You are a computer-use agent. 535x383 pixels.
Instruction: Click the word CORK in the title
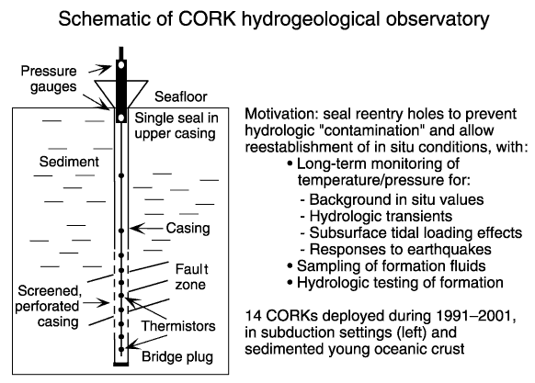tap(207, 19)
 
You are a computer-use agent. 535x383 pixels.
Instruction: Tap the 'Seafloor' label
tap(181, 96)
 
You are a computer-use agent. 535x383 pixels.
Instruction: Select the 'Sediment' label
tap(69, 162)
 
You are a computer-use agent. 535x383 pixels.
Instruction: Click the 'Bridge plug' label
tap(177, 357)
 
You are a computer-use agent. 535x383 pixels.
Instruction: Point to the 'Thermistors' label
tap(178, 326)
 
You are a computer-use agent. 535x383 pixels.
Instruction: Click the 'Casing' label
tap(188, 229)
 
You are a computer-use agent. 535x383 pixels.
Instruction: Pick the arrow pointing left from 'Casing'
tap(147, 228)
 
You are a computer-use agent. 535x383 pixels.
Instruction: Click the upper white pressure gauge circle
tap(120, 64)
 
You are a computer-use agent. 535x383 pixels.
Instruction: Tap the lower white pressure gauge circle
tap(120, 118)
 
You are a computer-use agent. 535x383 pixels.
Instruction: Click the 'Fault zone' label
tap(191, 277)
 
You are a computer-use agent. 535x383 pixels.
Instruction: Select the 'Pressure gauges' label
tap(49, 79)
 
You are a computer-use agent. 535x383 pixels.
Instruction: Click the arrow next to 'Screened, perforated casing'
tap(96, 302)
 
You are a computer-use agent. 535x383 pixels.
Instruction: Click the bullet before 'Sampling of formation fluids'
tap(290, 265)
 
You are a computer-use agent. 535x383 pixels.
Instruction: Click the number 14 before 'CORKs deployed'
tap(253, 316)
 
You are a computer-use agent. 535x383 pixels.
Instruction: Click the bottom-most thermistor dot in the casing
tap(121, 349)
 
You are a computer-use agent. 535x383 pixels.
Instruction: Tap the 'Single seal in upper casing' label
tap(176, 126)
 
